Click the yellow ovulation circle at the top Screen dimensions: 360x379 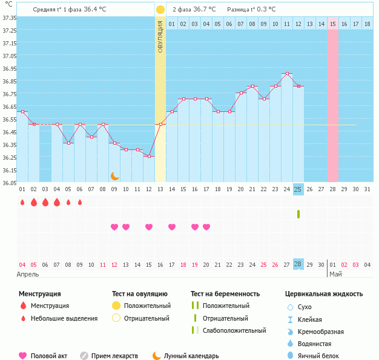(x=160, y=10)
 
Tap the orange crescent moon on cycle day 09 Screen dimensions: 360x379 (x=114, y=176)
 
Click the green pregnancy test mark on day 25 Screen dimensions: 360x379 (x=298, y=214)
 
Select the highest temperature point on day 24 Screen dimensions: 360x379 (x=287, y=74)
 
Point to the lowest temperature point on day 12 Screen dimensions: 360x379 (x=149, y=156)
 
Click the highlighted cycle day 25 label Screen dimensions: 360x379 (x=298, y=189)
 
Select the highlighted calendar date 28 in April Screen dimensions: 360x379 (x=298, y=264)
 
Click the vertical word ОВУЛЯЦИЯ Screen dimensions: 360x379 (x=160, y=36)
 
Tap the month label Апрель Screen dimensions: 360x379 (x=28, y=274)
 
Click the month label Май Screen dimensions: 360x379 (x=335, y=274)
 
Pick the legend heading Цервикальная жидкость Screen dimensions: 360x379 (x=324, y=294)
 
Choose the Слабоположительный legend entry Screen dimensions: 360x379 (x=234, y=330)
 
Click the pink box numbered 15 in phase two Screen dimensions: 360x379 (x=333, y=24)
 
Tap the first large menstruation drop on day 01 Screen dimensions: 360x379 (x=22, y=202)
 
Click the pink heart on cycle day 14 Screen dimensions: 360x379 (x=172, y=227)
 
